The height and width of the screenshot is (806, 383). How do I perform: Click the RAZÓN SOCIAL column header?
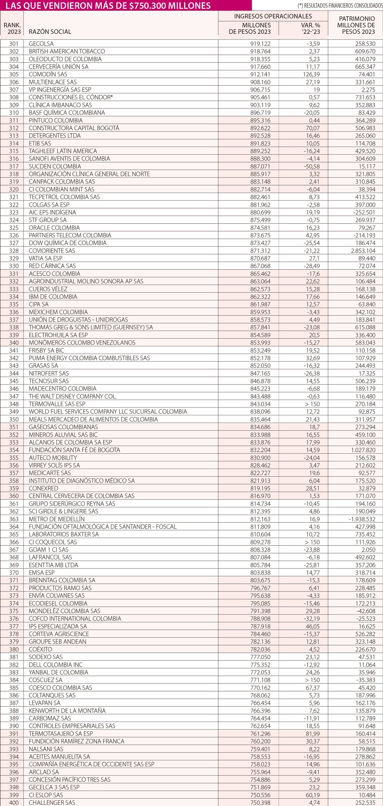pos(50,32)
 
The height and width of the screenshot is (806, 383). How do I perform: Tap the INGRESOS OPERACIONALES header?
pos(273,16)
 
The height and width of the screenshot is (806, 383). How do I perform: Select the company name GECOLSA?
pos(41,44)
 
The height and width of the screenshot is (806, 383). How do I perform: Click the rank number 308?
pos(14,97)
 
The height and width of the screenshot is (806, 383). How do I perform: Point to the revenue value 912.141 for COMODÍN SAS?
pos(260,74)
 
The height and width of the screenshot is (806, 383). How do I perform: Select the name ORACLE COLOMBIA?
pos(54,228)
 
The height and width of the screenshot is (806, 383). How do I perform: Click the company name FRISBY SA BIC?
pos(47,350)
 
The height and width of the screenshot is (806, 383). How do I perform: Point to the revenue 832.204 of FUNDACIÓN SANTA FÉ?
pos(260,450)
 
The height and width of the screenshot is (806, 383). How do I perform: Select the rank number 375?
pos(14,611)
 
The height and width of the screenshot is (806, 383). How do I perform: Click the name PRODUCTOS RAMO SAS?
pos(60,588)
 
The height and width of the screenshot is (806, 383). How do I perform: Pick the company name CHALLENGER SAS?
pos(52,802)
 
